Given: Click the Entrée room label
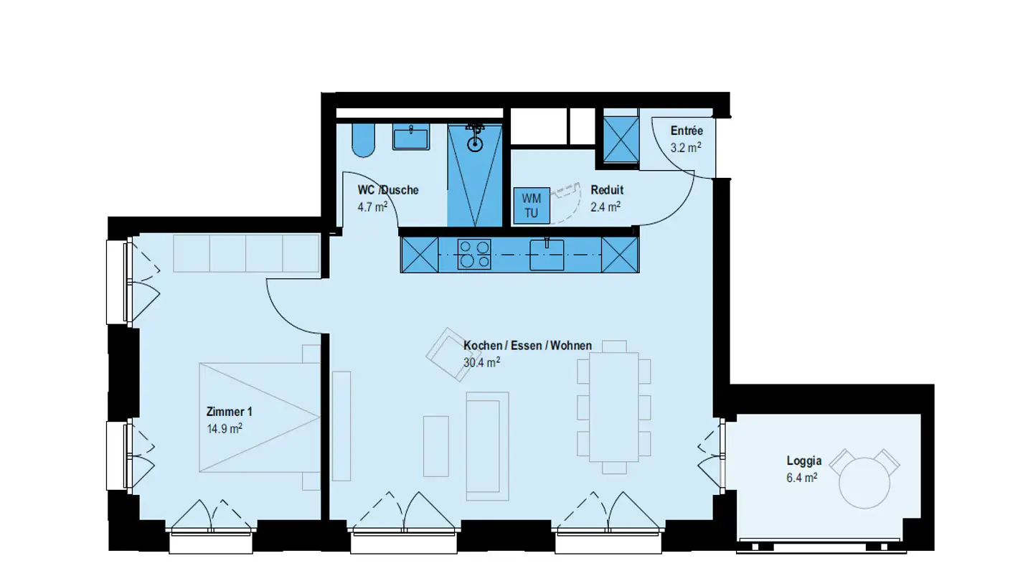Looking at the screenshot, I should click(687, 131).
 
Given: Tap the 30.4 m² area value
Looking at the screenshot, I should click(481, 362).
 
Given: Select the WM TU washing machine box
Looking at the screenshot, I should click(532, 205).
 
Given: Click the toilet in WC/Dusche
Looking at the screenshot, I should click(364, 139).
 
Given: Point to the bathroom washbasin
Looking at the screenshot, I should click(411, 136).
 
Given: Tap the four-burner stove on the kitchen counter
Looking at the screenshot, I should click(474, 255).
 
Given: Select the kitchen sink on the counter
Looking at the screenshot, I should click(547, 255).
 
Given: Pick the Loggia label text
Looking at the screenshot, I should click(804, 461).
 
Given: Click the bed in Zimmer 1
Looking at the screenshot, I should click(260, 417).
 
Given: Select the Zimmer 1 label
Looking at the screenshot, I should click(229, 412).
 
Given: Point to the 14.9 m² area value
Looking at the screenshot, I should click(224, 428).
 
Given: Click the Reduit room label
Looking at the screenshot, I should click(607, 190).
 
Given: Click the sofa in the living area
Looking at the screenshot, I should click(487, 445).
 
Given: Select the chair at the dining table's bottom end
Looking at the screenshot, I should click(613, 468).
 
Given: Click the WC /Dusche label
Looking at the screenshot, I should click(388, 190).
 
